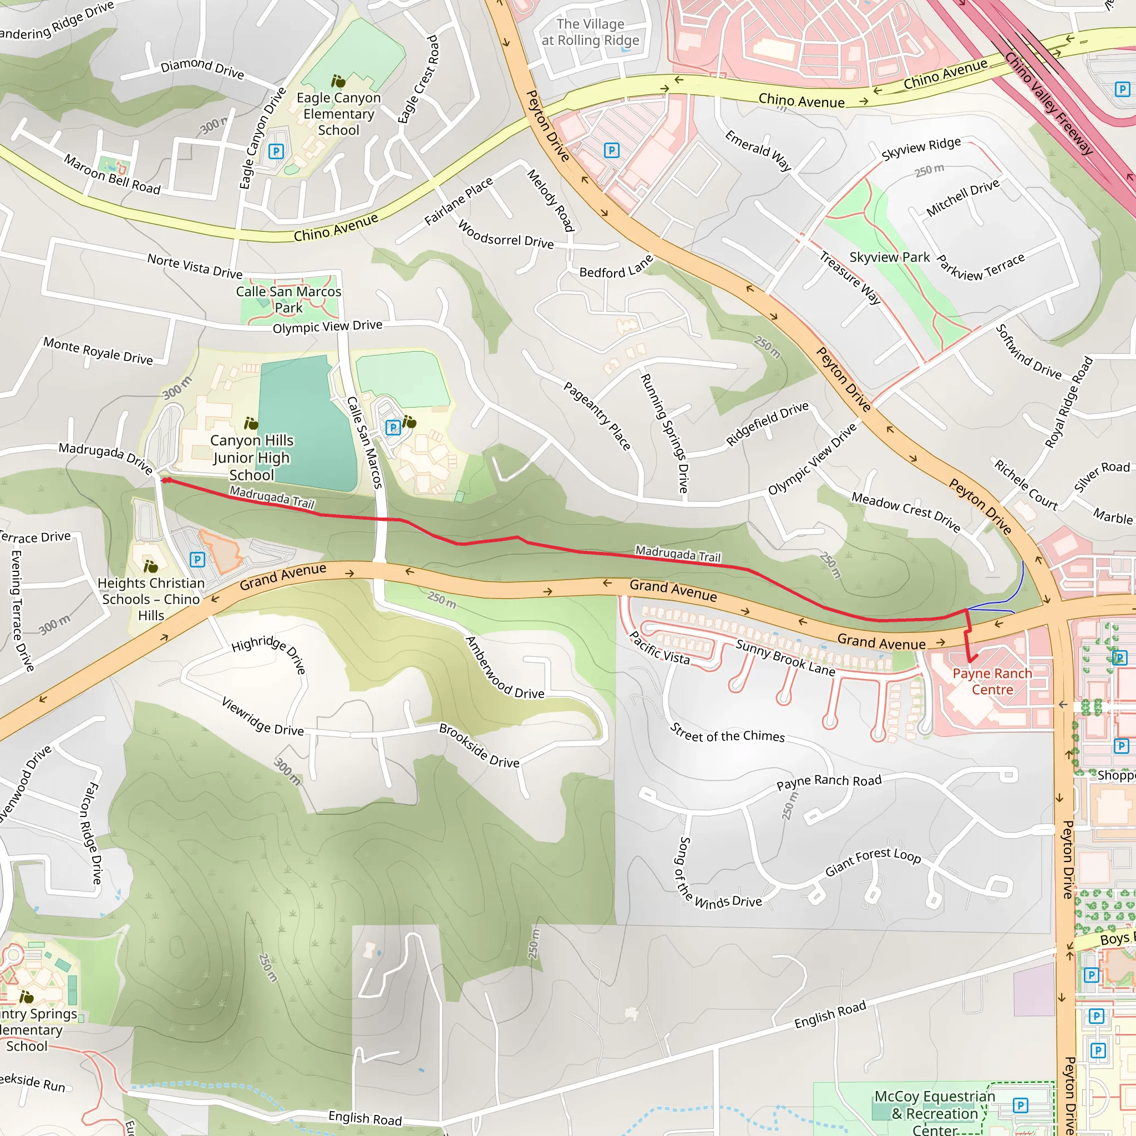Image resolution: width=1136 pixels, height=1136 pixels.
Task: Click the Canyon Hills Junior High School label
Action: click(x=252, y=458)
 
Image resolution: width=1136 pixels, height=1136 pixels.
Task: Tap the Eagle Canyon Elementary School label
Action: click(x=338, y=114)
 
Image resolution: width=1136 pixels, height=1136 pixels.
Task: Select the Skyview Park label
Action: click(x=889, y=257)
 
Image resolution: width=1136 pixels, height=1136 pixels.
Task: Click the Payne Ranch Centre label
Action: click(x=992, y=682)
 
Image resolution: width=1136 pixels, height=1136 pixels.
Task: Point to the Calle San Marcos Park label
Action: click(x=288, y=300)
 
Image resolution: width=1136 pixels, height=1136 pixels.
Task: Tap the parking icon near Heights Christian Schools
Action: click(x=197, y=559)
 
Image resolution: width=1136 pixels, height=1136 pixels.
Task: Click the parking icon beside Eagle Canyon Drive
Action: click(x=276, y=151)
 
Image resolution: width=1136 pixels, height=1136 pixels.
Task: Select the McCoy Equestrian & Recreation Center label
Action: click(x=934, y=1113)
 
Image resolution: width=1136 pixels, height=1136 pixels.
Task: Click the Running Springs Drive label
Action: click(x=664, y=433)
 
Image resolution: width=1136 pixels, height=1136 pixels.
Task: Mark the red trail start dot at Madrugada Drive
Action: click(x=166, y=480)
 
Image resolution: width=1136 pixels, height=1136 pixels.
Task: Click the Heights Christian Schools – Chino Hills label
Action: click(x=151, y=599)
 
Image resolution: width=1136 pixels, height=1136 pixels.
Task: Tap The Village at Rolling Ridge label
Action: click(x=590, y=32)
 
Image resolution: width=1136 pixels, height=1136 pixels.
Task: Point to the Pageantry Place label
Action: click(x=596, y=415)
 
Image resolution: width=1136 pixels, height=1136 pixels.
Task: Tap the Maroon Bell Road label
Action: click(x=111, y=175)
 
